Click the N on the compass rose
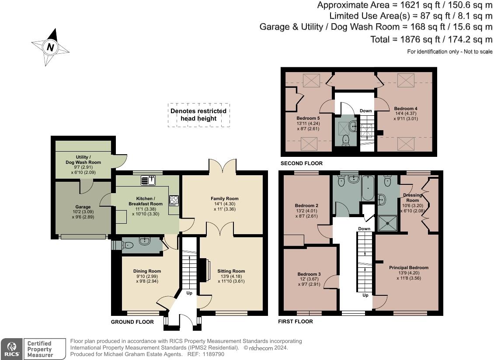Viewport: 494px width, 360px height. [50, 47]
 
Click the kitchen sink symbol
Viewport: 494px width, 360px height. [148, 180]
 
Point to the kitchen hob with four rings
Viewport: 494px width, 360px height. [174, 201]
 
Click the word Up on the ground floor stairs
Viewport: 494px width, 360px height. [189, 293]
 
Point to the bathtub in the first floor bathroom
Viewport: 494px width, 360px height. [368, 188]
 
